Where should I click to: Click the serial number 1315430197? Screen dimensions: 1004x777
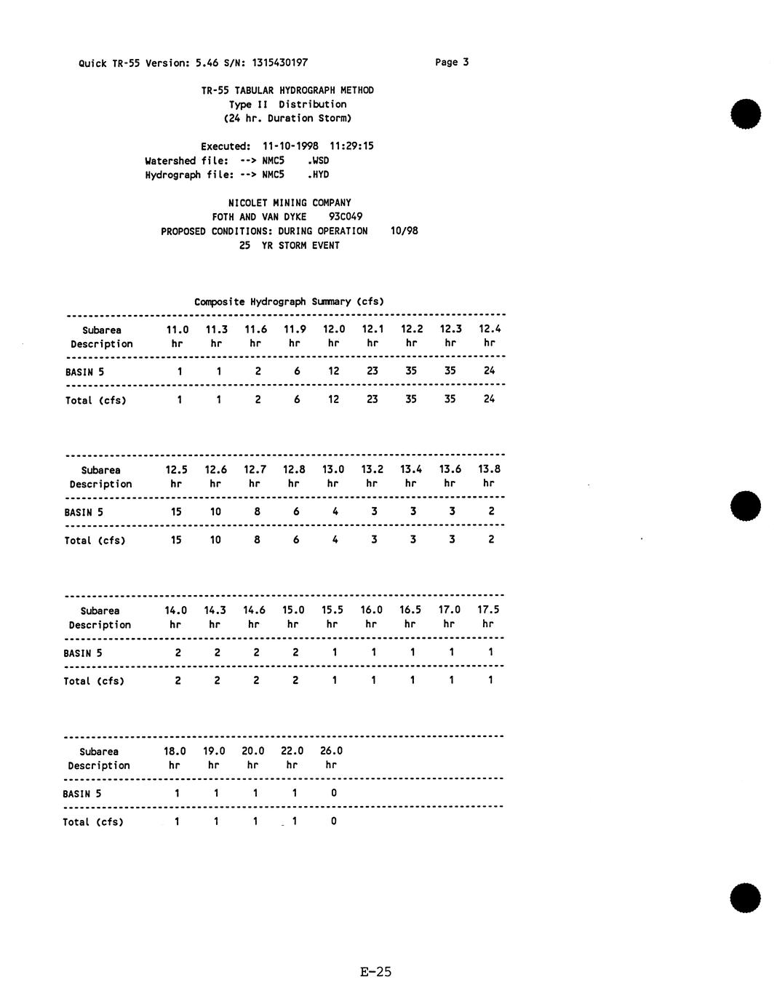pyautogui.click(x=279, y=63)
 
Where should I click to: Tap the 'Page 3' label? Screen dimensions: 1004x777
pyautogui.click(x=452, y=63)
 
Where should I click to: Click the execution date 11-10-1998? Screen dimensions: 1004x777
pyautogui.click(x=290, y=146)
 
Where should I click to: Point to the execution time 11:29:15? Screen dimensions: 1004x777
pyautogui.click(x=351, y=146)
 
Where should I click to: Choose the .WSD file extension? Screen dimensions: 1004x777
pyautogui.click(x=318, y=161)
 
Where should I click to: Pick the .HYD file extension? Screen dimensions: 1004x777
pyautogui.click(x=318, y=175)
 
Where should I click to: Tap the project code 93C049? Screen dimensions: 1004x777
pyautogui.click(x=346, y=217)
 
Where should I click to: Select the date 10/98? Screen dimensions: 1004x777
pyautogui.click(x=404, y=231)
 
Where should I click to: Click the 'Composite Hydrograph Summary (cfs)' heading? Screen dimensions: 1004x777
pyautogui.click(x=289, y=302)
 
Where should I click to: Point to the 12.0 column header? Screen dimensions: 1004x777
pyautogui.click(x=333, y=330)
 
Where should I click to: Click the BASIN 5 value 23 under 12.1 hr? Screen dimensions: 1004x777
pyautogui.click(x=372, y=371)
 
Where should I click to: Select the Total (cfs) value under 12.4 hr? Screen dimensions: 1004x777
pyautogui.click(x=489, y=399)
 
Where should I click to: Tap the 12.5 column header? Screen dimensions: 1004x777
pyautogui.click(x=176, y=470)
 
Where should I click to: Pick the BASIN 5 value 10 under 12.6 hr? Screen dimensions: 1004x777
pyautogui.click(x=215, y=512)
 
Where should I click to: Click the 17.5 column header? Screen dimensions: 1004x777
pyautogui.click(x=488, y=610)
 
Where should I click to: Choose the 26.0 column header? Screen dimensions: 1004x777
pyautogui.click(x=331, y=752)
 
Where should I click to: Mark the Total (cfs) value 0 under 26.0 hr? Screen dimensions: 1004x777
pyautogui.click(x=333, y=821)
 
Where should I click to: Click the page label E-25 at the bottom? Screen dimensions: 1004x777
pyautogui.click(x=375, y=972)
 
